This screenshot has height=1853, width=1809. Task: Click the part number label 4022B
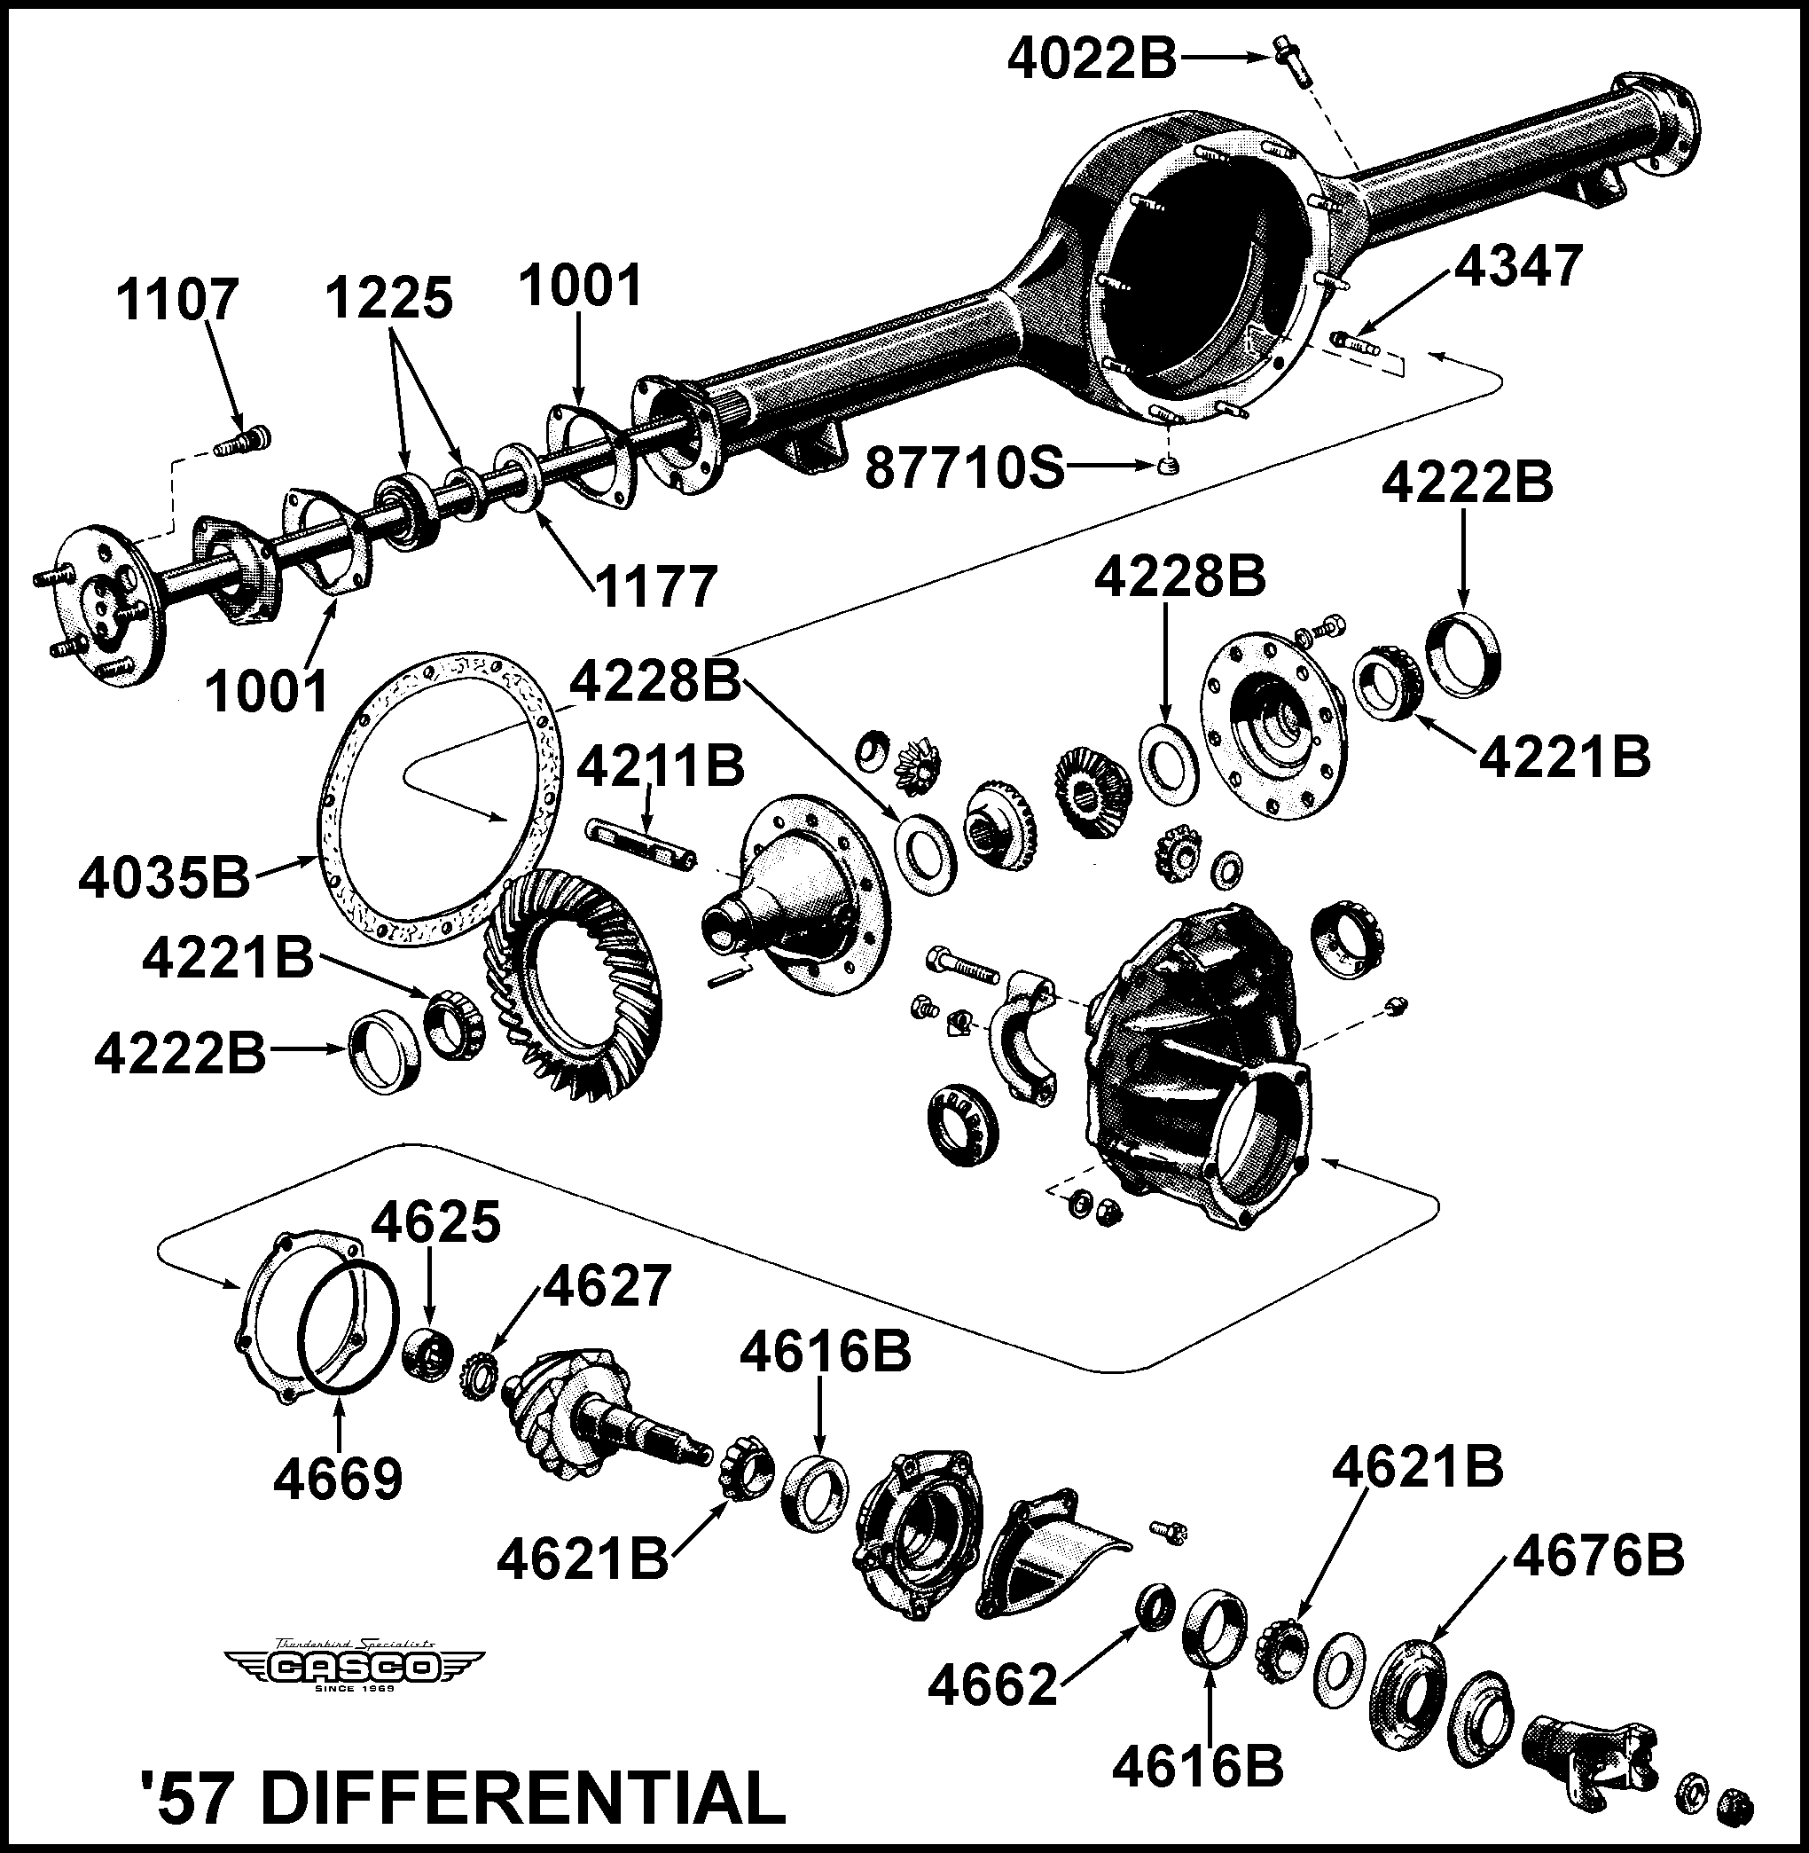(1092, 59)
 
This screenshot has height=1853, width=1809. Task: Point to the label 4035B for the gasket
(163, 878)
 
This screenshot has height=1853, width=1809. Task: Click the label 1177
(655, 587)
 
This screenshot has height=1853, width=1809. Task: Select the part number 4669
(338, 1479)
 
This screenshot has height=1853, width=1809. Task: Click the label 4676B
(1598, 1556)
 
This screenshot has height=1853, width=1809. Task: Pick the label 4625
(435, 1223)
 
